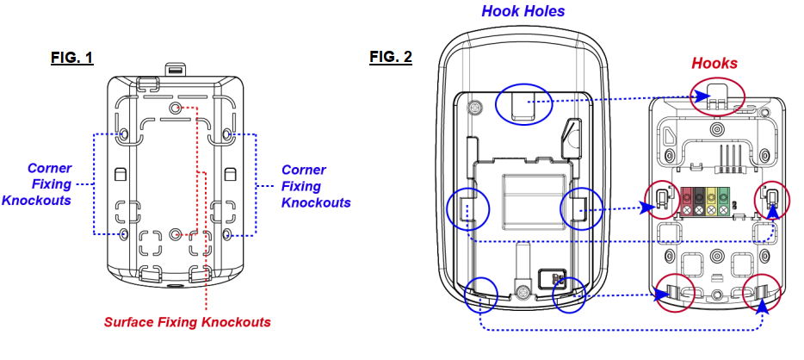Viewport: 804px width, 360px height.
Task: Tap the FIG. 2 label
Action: [391, 58]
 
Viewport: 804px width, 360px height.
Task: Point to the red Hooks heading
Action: [714, 63]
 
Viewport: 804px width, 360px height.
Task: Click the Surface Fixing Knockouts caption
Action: [188, 322]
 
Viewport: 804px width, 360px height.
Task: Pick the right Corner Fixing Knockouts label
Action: [316, 186]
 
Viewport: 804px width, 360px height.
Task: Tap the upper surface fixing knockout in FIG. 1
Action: [176, 108]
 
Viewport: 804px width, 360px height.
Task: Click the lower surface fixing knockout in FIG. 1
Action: [176, 234]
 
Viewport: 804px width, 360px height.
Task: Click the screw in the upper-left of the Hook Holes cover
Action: [473, 109]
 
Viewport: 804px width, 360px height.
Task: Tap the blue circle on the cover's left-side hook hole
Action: [467, 210]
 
